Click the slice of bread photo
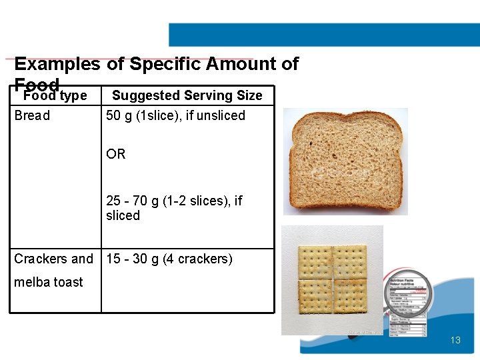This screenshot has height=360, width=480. (x=345, y=161)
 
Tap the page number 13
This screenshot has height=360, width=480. (x=455, y=340)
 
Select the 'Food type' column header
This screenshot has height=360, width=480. (x=55, y=96)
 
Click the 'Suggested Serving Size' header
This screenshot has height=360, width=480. (x=187, y=95)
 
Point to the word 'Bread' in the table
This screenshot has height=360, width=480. (x=32, y=115)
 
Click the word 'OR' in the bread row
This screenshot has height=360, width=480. (x=115, y=154)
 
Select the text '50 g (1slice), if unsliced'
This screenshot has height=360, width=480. (x=175, y=115)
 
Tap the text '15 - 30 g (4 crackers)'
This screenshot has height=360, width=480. (x=169, y=259)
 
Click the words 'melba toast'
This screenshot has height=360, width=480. (x=49, y=282)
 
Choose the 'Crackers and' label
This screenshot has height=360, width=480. (x=54, y=259)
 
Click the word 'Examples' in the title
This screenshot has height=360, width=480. (x=57, y=64)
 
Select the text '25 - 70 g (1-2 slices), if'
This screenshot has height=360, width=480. (x=174, y=201)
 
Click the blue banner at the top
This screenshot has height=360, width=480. (x=324, y=35)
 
